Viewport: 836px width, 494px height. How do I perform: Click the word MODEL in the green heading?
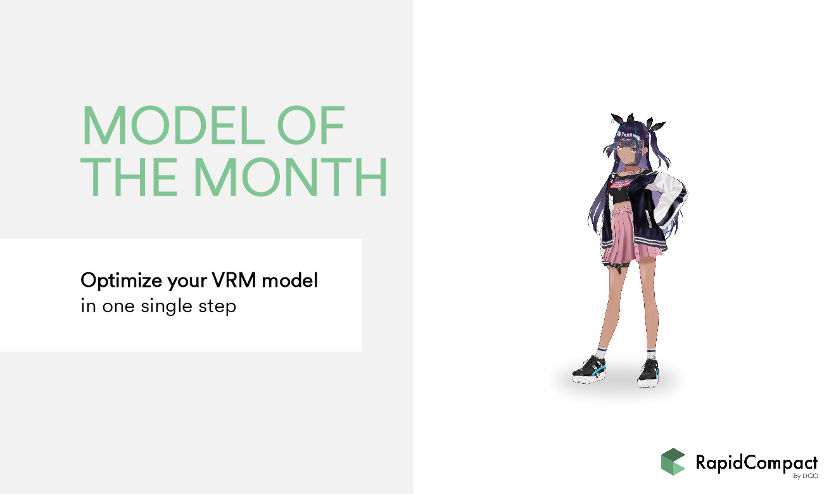click(x=174, y=125)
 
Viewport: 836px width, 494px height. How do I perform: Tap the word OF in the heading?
click(x=310, y=125)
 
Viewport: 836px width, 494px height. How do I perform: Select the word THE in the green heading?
click(x=129, y=177)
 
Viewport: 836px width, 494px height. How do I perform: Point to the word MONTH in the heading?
click(x=290, y=177)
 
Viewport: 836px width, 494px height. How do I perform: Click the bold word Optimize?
click(x=122, y=281)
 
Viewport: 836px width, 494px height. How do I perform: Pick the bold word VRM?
click(x=234, y=280)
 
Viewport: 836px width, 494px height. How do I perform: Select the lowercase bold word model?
click(x=290, y=280)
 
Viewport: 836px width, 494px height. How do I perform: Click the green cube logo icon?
click(x=673, y=462)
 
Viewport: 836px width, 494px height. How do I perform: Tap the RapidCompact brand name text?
click(x=756, y=463)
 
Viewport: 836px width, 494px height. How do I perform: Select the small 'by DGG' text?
click(x=806, y=476)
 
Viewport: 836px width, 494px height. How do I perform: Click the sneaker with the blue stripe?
click(x=589, y=370)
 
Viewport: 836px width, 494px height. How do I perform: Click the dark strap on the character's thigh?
click(x=618, y=265)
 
